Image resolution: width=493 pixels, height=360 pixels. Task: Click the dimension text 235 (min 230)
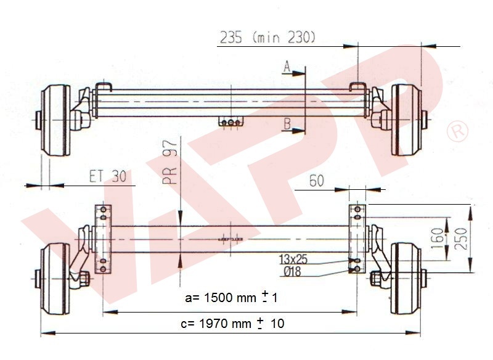point(267,37)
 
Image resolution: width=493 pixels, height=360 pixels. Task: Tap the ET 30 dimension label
point(111,176)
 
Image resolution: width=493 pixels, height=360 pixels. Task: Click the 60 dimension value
point(316,181)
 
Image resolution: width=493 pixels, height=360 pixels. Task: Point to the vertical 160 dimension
point(437,237)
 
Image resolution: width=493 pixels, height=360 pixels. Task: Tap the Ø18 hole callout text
point(290,271)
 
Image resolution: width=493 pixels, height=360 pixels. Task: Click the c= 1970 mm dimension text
point(234,322)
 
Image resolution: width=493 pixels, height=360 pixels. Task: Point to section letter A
point(287,67)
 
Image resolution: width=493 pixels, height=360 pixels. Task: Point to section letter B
point(287,123)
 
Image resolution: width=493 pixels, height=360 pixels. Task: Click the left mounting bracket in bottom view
point(104,240)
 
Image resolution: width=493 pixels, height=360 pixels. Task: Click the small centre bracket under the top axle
point(230,122)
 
